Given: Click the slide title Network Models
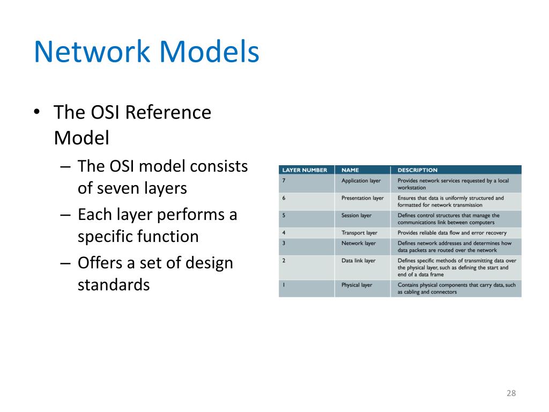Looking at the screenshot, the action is click(x=146, y=53).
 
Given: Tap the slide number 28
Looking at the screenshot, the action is click(x=511, y=394).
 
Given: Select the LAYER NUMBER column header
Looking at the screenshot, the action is click(x=305, y=170).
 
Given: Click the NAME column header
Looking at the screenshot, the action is click(x=350, y=170).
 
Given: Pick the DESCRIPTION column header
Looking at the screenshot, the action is click(x=417, y=170).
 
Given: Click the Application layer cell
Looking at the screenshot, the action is click(x=361, y=181).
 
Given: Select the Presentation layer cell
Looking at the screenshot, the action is click(x=362, y=198).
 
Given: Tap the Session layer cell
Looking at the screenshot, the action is click(x=357, y=216).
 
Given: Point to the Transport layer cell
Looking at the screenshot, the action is click(x=359, y=233).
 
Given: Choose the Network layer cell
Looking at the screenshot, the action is click(x=359, y=243).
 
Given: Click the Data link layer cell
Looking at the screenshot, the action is click(x=358, y=261).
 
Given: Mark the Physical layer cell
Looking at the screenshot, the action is click(x=357, y=285).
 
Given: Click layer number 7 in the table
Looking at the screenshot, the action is click(x=284, y=181).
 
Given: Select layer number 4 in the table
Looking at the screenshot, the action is click(x=284, y=233).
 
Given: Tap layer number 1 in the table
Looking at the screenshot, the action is click(x=284, y=285).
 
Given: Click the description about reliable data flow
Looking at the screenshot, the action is click(x=452, y=233).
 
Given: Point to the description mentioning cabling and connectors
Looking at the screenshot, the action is click(x=456, y=289).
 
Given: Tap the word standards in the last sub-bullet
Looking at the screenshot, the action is click(x=114, y=284).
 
